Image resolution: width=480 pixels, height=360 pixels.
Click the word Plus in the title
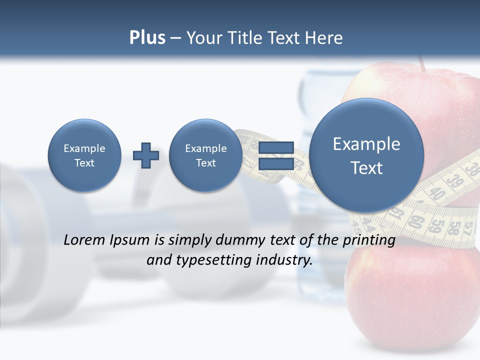pyautogui.click(x=147, y=37)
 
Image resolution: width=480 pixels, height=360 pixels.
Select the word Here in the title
pyautogui.click(x=325, y=37)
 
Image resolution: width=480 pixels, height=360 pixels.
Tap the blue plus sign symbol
pyautogui.click(x=146, y=155)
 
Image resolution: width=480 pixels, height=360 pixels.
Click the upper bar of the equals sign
pyautogui.click(x=275, y=147)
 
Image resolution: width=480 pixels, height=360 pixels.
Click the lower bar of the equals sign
pyautogui.click(x=275, y=164)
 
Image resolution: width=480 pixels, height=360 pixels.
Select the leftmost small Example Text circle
pyautogui.click(x=84, y=155)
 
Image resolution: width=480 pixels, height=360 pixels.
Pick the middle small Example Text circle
pyautogui.click(x=205, y=155)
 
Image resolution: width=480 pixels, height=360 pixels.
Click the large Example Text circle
pyautogui.click(x=366, y=155)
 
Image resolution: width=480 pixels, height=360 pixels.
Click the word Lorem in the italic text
pyautogui.click(x=85, y=240)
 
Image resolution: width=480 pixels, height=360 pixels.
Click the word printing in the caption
pyautogui.click(x=370, y=240)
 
